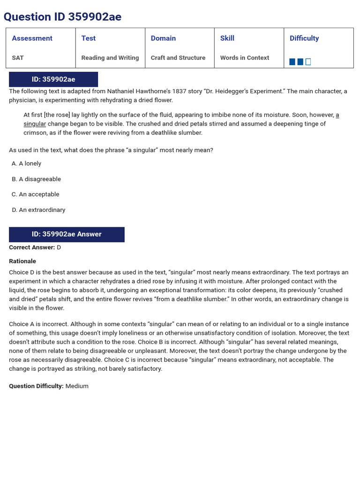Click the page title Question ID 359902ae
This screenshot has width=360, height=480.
click(62, 17)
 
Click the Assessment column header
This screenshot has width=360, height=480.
click(32, 38)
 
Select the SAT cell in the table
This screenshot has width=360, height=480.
click(18, 58)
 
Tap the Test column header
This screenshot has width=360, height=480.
click(88, 38)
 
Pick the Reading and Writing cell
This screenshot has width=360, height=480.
click(110, 58)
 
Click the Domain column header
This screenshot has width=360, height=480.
click(163, 38)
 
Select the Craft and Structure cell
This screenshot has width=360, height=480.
click(178, 58)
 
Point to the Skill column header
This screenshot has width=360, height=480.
click(227, 38)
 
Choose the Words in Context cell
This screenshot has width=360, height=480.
click(245, 58)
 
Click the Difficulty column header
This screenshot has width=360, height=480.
click(304, 38)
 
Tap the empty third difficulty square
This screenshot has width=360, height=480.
click(308, 62)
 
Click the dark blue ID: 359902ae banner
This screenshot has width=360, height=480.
click(53, 79)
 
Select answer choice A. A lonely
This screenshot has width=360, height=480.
click(27, 164)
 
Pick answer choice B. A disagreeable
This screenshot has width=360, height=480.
click(37, 179)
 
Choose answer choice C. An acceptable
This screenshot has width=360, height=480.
click(36, 194)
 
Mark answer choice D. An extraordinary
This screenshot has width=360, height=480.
click(39, 210)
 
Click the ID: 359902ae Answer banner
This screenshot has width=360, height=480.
click(67, 234)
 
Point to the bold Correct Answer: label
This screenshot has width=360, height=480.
click(32, 247)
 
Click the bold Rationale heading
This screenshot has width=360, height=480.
click(22, 261)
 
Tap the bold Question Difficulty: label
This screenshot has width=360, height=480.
click(36, 386)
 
